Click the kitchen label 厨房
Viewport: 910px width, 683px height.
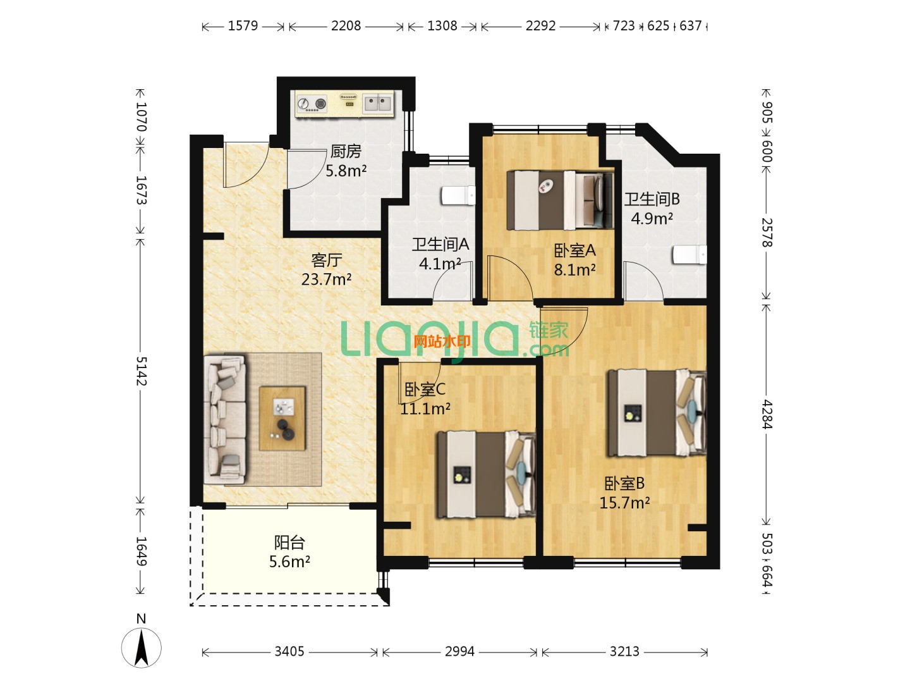(345, 151)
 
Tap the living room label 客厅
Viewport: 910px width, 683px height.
(327, 260)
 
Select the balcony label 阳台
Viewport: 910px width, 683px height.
(289, 543)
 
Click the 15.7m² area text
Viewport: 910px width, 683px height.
(624, 503)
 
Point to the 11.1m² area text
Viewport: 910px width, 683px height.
(425, 409)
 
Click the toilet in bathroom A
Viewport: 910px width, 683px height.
(458, 195)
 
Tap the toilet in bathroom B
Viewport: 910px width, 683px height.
(689, 254)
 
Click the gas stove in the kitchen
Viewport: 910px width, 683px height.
(312, 104)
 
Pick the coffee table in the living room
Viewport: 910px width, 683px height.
(282, 419)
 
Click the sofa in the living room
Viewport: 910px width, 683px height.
(225, 419)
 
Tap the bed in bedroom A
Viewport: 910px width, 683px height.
(560, 200)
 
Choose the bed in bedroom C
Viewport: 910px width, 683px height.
(487, 474)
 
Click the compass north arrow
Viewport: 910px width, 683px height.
(142, 648)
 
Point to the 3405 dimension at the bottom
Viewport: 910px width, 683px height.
(289, 651)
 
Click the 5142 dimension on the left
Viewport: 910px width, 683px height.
(142, 371)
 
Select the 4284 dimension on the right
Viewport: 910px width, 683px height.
(767, 414)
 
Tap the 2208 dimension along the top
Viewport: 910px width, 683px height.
(346, 26)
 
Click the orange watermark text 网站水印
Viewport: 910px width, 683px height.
(442, 341)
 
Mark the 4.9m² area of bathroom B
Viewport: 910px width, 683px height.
(652, 218)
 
